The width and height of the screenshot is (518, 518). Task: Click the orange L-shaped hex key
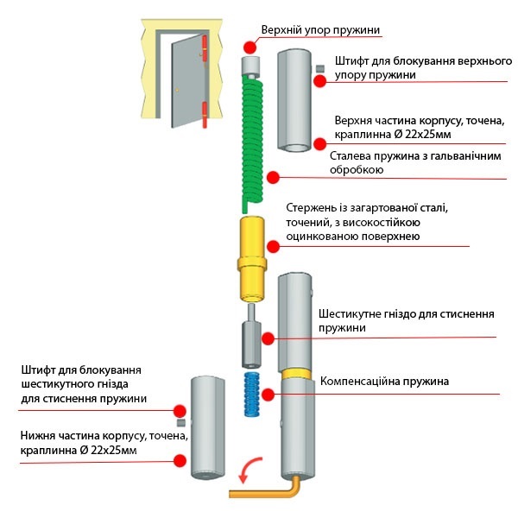pyautogui.click(x=268, y=491)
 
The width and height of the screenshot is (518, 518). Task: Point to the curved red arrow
pyautogui.click(x=247, y=470)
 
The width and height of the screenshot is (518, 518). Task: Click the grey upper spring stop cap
pyautogui.click(x=251, y=66)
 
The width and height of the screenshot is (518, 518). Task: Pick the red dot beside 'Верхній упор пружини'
pyautogui.click(x=250, y=47)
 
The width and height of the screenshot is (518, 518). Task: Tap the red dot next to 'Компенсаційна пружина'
pyautogui.click(x=268, y=394)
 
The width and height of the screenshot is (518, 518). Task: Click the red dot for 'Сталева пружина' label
pyautogui.click(x=273, y=177)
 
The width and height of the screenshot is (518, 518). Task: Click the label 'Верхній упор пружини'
pyautogui.click(x=320, y=30)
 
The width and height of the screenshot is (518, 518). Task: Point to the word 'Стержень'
pyautogui.click(x=311, y=208)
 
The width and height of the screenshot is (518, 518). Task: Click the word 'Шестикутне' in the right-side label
pyautogui.click(x=353, y=313)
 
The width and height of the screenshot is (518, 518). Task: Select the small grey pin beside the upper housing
pyautogui.click(x=320, y=68)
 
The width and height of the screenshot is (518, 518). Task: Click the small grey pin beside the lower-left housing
pyautogui.click(x=181, y=424)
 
